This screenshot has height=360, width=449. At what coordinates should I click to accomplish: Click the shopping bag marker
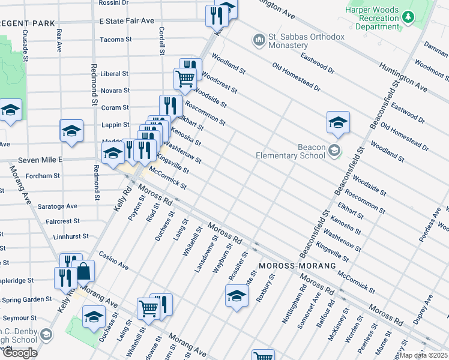coord(85,272)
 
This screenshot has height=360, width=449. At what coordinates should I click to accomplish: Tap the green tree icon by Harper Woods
coord(409,17)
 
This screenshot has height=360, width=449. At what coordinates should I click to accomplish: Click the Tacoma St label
coord(116,40)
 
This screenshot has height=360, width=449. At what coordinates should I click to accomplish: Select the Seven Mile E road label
coord(40,160)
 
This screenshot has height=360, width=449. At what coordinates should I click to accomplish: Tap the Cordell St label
coord(161,41)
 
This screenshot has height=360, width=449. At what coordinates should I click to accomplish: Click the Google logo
coord(20,353)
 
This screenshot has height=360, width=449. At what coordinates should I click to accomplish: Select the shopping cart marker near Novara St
coord(185,77)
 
